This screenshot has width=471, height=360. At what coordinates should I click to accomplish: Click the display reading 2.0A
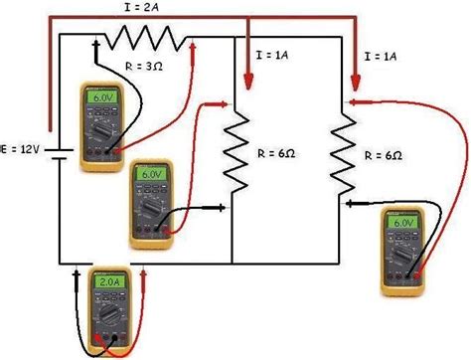pos(107,282)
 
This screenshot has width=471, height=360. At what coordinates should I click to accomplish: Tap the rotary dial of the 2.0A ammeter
pos(107,315)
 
